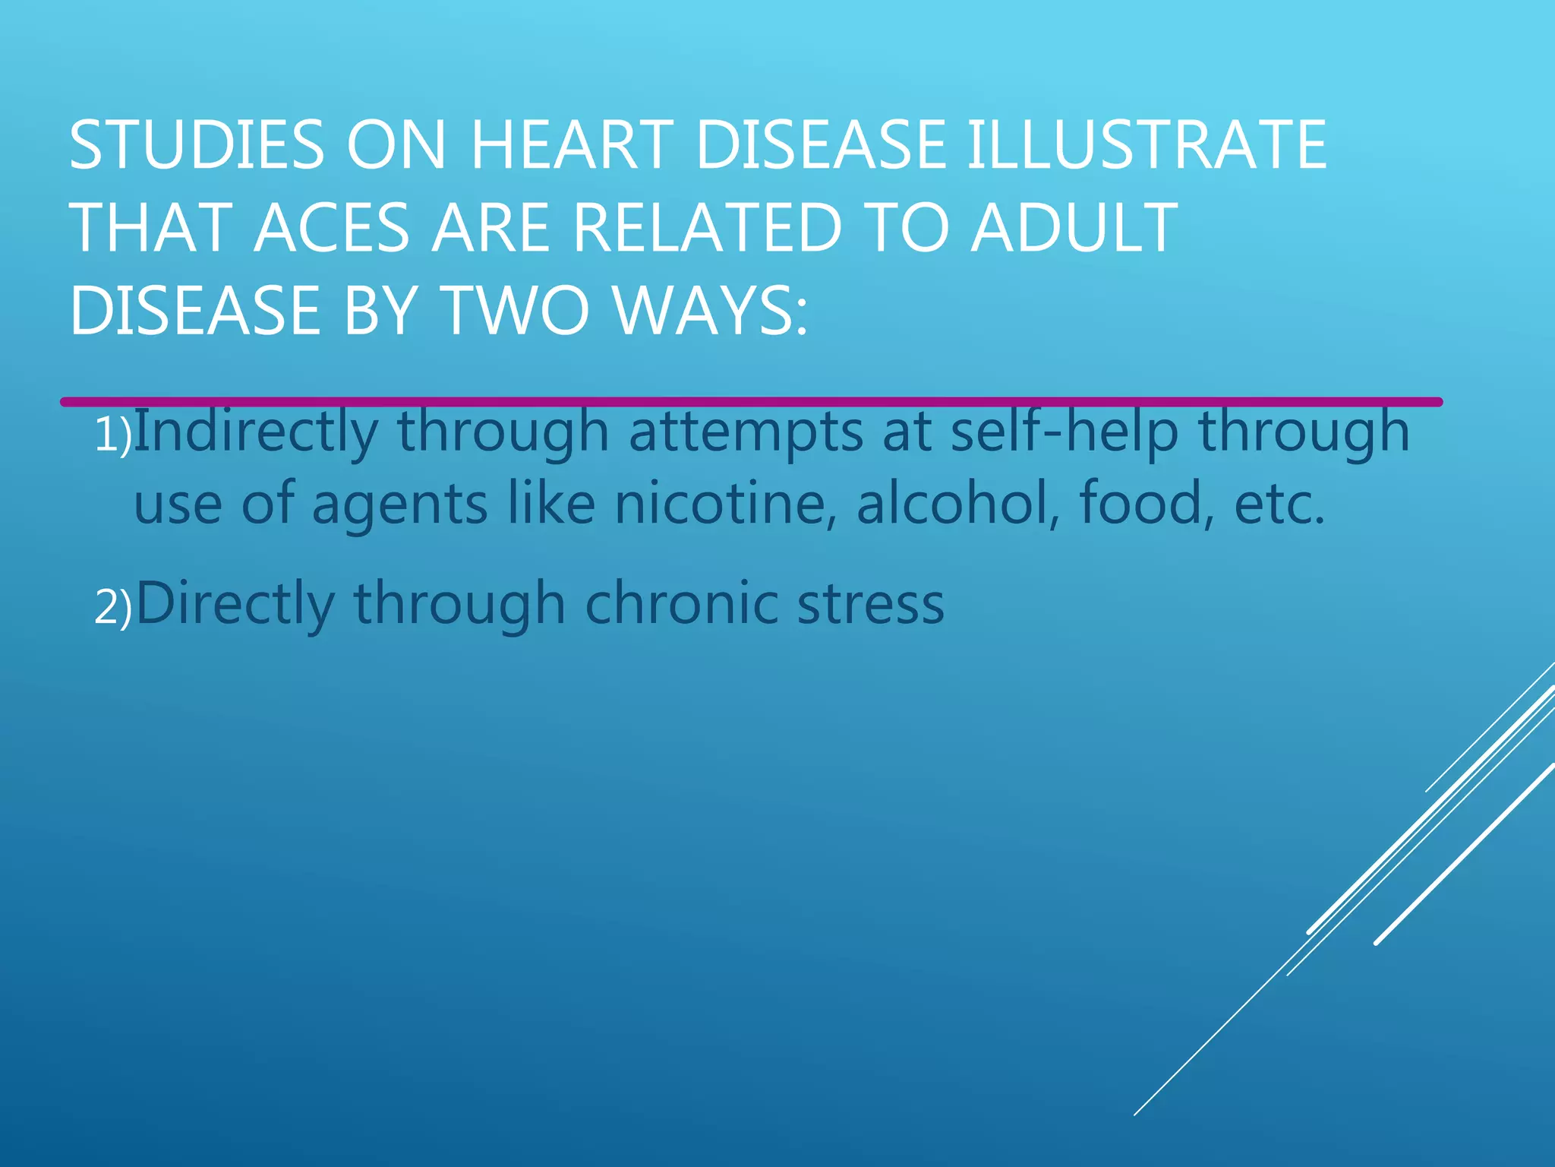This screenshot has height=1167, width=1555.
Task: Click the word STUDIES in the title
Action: (x=197, y=145)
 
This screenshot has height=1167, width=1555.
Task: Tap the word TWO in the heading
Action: (x=516, y=311)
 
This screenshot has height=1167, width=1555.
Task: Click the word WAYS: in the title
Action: (x=711, y=311)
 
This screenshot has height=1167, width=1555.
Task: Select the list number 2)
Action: (x=113, y=609)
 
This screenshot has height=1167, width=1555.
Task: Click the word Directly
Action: (x=235, y=605)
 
